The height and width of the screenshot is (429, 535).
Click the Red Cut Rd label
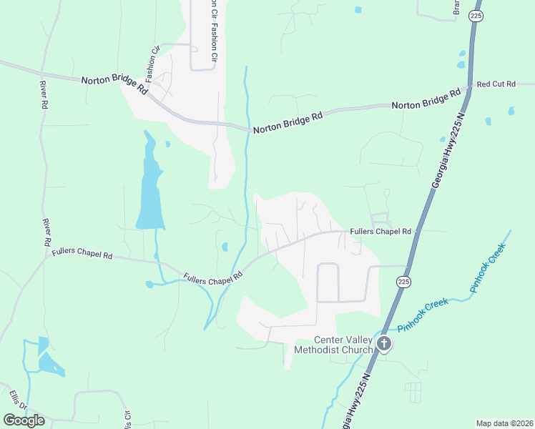tap(496, 84)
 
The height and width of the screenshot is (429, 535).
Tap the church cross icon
tap(384, 344)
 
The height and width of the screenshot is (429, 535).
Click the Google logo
tap(24, 420)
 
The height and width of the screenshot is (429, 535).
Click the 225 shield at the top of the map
tap(475, 15)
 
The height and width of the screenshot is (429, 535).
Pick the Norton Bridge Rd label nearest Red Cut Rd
tap(426, 100)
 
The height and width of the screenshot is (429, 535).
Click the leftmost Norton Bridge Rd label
tap(114, 85)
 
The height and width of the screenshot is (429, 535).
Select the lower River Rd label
tap(47, 234)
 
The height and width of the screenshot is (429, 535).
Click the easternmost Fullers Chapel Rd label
tap(381, 232)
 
